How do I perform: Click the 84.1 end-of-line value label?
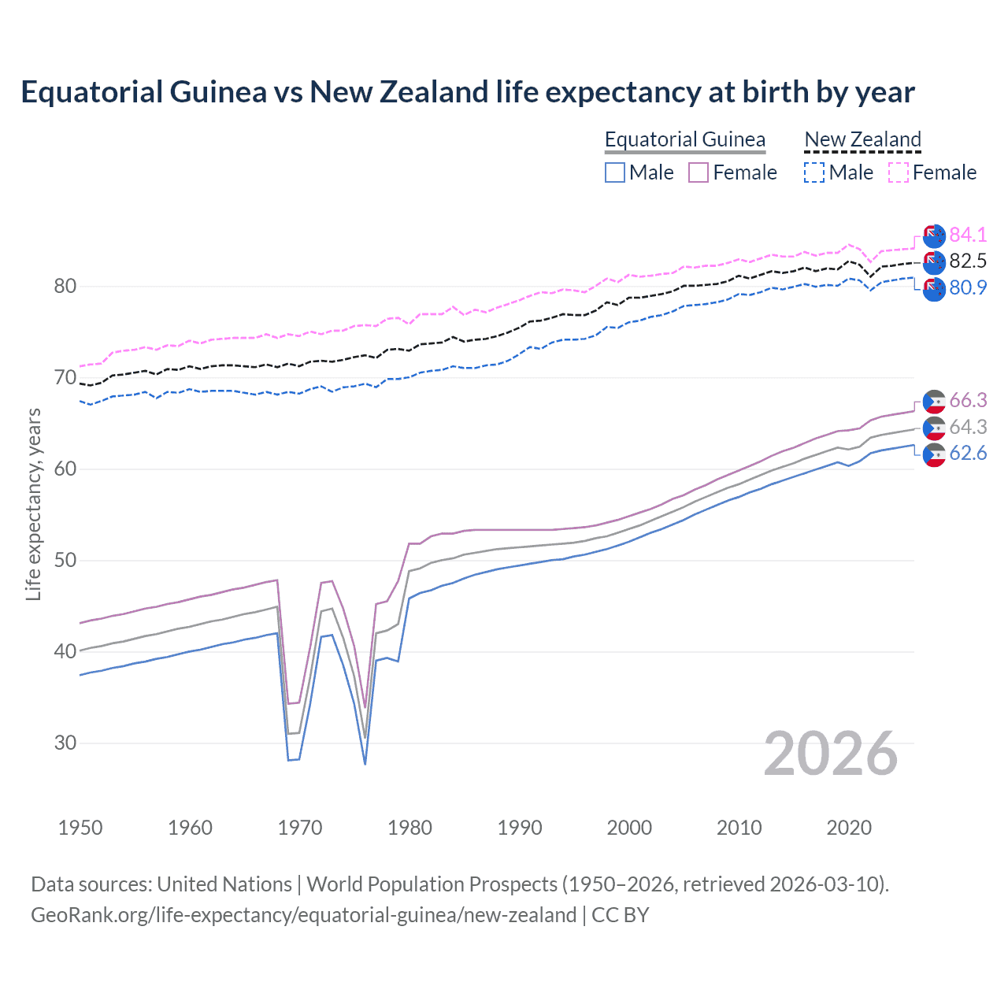(968, 235)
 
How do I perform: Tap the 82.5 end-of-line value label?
(968, 261)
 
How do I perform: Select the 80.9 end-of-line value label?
(968, 288)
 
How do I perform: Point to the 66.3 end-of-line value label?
(968, 401)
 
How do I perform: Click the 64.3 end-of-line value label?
(968, 427)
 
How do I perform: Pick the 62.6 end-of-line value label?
(968, 454)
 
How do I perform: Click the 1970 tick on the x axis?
(300, 828)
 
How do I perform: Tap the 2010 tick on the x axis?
(739, 828)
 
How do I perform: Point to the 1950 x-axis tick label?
(80, 828)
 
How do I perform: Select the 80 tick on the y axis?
(65, 287)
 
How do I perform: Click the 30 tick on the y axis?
(65, 743)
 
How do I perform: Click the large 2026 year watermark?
(831, 754)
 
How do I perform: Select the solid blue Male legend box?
(615, 172)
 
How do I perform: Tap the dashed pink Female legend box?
(899, 172)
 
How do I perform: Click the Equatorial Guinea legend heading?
(685, 139)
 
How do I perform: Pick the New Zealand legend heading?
(862, 139)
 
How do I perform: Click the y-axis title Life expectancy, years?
(33, 504)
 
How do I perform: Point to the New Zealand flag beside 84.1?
(934, 235)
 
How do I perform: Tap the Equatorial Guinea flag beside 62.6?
(934, 455)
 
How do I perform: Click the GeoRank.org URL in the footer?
(303, 915)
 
